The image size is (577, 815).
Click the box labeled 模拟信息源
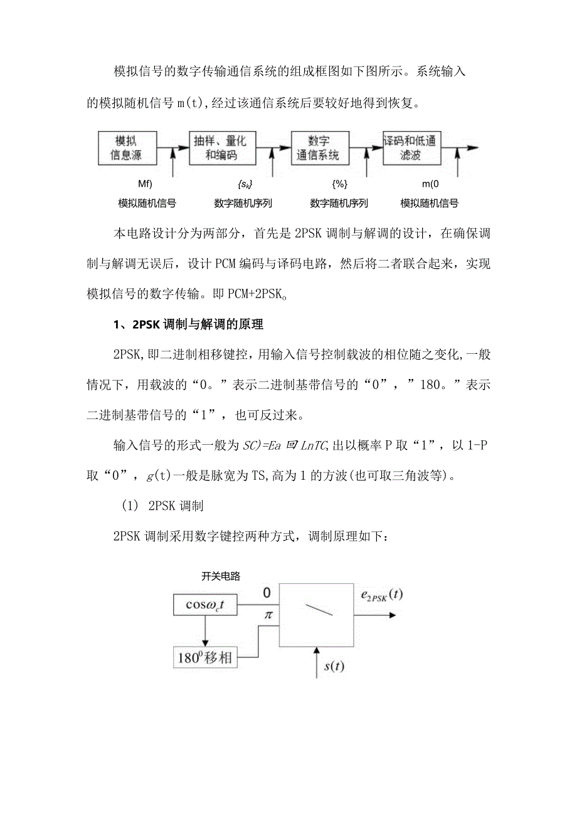coord(127,148)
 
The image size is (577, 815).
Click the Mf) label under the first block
coord(146,185)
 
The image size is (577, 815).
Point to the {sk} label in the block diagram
coord(245,185)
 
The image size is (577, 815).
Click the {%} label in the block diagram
coord(339,185)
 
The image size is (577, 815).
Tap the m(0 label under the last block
coord(430,185)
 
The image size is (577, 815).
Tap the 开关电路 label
coord(221,576)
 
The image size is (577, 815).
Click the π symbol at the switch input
coord(268,615)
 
